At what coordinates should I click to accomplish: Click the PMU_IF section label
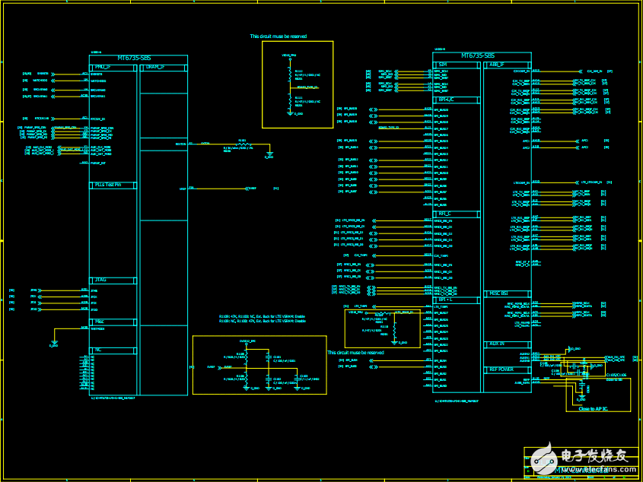coord(102,67)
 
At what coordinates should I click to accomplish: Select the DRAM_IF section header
coord(154,67)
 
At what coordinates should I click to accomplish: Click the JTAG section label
coord(100,281)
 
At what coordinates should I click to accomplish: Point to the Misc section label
coord(99,322)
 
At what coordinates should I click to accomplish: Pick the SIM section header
coord(442,65)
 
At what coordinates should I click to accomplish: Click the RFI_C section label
coord(445,214)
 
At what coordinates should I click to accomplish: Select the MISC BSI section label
coord(498,293)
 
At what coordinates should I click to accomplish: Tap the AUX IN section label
coord(496,344)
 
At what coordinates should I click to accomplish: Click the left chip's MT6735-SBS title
coord(138,58)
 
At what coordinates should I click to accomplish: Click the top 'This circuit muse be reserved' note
coord(279,36)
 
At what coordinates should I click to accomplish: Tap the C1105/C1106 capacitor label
coord(616,375)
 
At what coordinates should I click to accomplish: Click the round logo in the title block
coord(543,459)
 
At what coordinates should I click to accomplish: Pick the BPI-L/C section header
coord(446,99)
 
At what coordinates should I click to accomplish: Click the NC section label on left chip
coord(97,350)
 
